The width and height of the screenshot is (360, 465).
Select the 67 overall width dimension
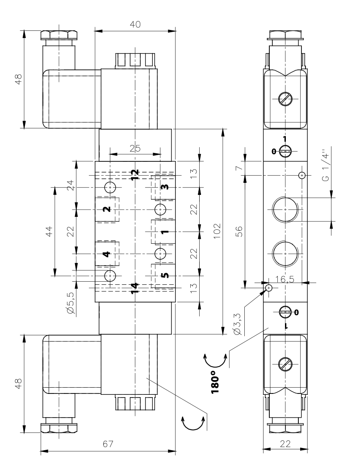[108, 444]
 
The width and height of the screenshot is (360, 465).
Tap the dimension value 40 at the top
[135, 25]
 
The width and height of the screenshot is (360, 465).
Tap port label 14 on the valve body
[134, 289]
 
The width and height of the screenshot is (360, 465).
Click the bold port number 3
[164, 187]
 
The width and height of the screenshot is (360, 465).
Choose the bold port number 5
[164, 275]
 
